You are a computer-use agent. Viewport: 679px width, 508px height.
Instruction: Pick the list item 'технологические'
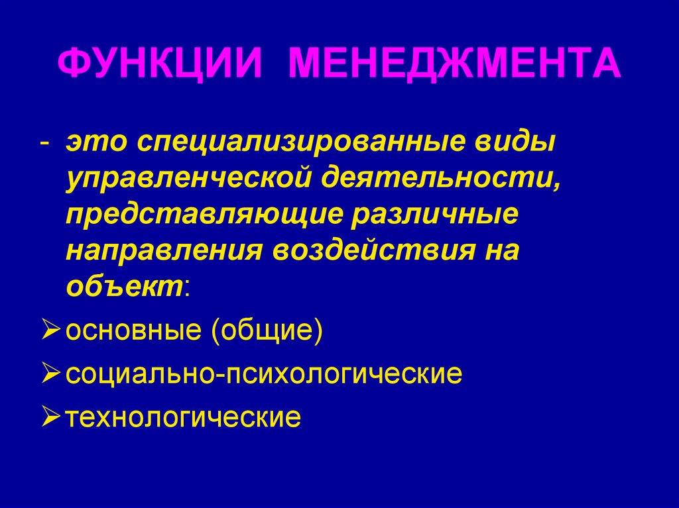184,417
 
